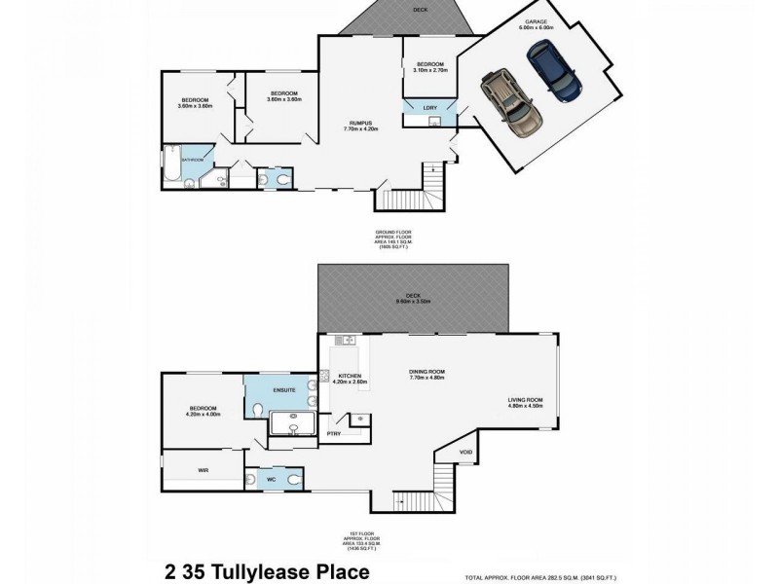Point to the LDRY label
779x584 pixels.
tap(429, 108)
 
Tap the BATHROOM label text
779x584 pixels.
tap(191, 160)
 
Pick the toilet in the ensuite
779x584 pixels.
tap(255, 412)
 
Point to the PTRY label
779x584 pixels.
tap(334, 433)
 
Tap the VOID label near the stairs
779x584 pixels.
tap(465, 451)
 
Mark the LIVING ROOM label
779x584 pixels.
tap(525, 402)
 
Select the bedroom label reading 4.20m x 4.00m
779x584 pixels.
tap(204, 411)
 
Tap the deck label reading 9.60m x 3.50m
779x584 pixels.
tap(415, 299)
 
